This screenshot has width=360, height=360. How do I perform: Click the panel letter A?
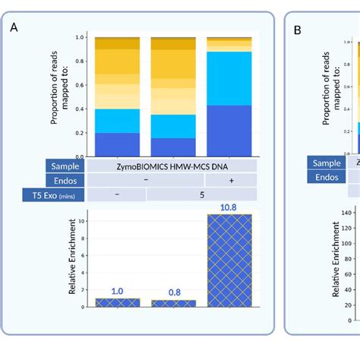tap(14, 28)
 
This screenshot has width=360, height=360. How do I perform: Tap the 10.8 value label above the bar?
tap(229, 207)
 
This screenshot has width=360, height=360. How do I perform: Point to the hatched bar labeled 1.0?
tap(117, 302)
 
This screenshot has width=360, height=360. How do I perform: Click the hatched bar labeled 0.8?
tap(173, 303)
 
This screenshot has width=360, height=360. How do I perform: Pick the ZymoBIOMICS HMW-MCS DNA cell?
tap(172, 166)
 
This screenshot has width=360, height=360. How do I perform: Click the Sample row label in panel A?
tap(66, 166)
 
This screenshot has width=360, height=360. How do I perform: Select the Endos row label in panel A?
tap(66, 180)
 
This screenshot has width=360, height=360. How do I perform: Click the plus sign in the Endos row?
tap(229, 180)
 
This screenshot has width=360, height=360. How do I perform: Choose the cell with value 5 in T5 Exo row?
tap(201, 195)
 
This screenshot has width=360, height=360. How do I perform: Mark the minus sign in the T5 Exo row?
tap(117, 195)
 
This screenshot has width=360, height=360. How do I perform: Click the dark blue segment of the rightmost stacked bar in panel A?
tap(229, 130)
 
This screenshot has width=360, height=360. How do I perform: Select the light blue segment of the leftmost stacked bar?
tap(117, 121)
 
